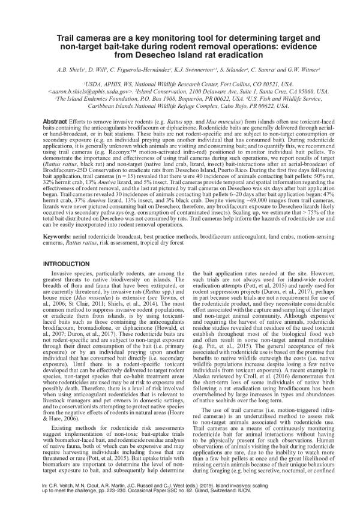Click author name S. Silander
point(221,69)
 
